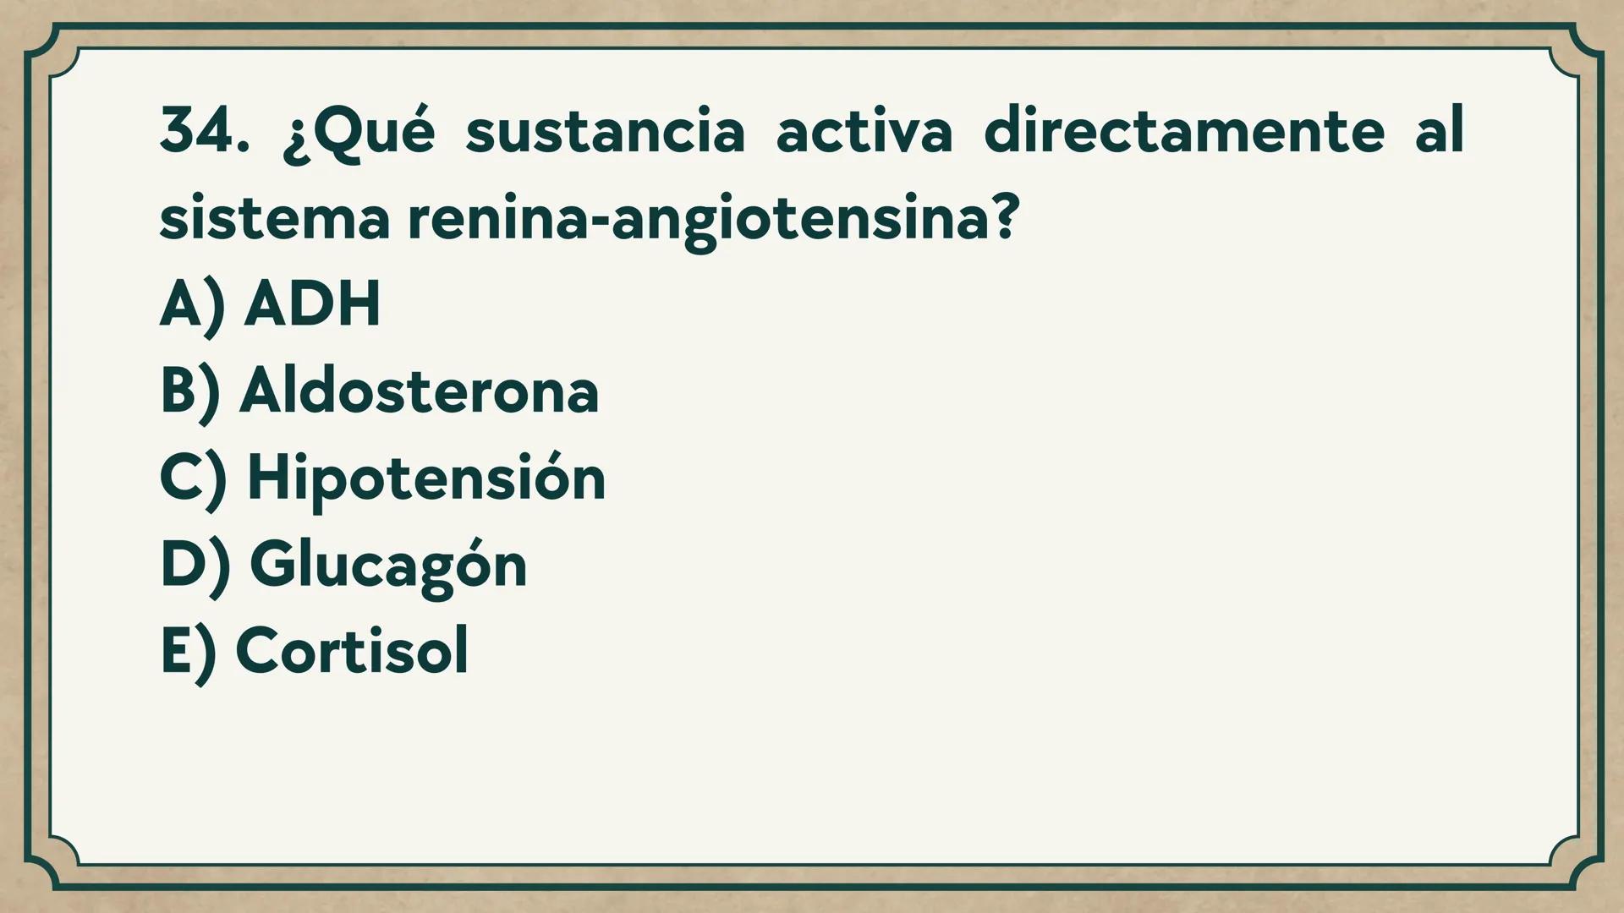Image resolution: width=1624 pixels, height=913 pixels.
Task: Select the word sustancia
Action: click(x=605, y=133)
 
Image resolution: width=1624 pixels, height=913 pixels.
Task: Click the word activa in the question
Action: click(x=864, y=133)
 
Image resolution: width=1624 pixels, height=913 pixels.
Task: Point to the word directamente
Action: click(x=1184, y=133)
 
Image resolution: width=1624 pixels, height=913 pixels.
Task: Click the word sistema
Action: click(x=274, y=219)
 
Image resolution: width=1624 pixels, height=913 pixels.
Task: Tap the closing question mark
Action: click(x=1004, y=217)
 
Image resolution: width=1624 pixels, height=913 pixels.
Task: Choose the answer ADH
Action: click(x=312, y=303)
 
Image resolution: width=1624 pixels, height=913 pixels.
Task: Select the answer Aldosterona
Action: click(x=420, y=391)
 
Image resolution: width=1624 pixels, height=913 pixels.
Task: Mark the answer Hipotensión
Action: click(x=426, y=478)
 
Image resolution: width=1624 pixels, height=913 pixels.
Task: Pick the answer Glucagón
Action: click(x=388, y=566)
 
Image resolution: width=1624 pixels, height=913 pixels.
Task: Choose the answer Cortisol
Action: click(x=352, y=651)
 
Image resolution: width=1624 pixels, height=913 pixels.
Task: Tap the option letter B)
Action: click(x=190, y=392)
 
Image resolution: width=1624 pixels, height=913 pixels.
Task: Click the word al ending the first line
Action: click(x=1439, y=131)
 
